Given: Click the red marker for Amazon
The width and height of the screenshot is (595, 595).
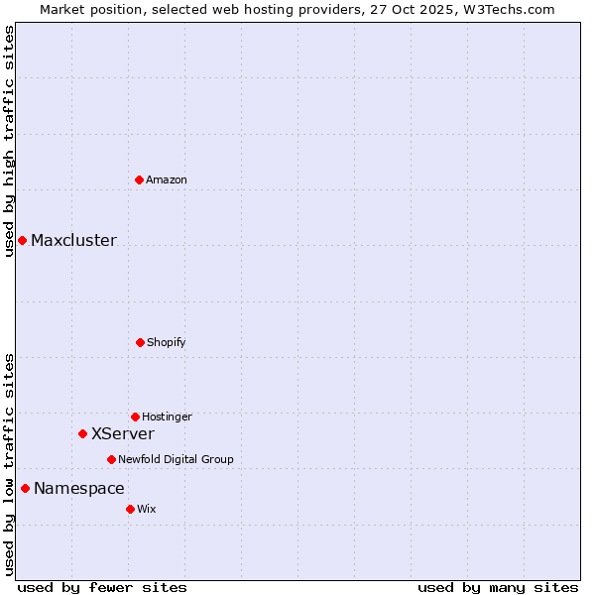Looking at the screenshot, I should (x=139, y=179).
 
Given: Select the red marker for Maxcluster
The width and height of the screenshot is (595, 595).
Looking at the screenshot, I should (x=22, y=240).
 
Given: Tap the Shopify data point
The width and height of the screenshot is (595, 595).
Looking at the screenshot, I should (x=140, y=342).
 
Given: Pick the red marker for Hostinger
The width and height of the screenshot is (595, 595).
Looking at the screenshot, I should (x=135, y=416).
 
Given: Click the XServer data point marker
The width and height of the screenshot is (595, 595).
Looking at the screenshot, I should (x=82, y=433).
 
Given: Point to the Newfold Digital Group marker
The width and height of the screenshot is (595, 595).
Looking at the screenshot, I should (x=111, y=459).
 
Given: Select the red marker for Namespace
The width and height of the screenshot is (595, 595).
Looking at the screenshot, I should (x=25, y=488).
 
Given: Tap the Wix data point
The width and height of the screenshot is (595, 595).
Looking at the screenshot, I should (x=130, y=509).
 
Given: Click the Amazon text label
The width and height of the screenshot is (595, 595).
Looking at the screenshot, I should (x=167, y=179).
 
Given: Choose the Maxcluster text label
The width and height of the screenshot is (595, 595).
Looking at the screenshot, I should (x=73, y=240).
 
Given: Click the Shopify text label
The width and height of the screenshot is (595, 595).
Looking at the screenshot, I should (x=167, y=342).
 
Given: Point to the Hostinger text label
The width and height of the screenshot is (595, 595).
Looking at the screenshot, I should (x=167, y=416).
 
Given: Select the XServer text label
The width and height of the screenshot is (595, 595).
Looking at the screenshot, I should (x=123, y=433).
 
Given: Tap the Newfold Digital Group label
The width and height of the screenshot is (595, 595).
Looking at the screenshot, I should (x=176, y=459).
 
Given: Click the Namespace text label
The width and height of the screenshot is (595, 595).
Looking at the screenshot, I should (x=79, y=488).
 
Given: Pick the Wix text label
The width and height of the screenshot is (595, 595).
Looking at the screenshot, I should (x=147, y=509).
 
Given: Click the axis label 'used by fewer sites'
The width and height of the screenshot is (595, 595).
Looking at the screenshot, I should (x=102, y=587).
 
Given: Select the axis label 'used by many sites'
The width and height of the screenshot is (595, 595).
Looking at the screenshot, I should (x=498, y=587).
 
